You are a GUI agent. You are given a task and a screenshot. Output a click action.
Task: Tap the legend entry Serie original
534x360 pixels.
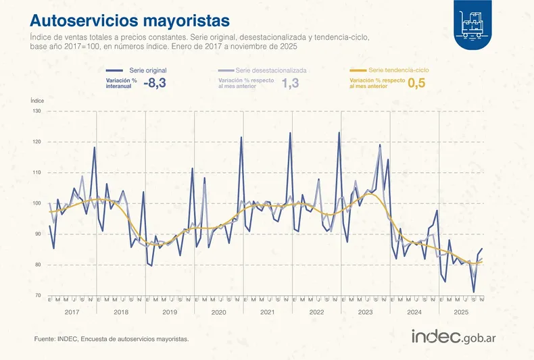click(x=147, y=70)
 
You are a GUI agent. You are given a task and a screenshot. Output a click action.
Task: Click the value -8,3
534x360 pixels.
click(x=155, y=83)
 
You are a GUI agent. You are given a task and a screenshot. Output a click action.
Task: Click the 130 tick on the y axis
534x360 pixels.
click(x=37, y=111)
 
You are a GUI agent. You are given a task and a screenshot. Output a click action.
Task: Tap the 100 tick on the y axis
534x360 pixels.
click(x=37, y=203)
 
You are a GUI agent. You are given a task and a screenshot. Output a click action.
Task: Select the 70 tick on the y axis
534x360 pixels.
click(x=37, y=296)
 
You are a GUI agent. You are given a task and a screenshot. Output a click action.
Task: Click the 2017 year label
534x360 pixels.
click(x=72, y=313)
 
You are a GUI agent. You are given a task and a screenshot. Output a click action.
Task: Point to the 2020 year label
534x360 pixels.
click(x=218, y=313)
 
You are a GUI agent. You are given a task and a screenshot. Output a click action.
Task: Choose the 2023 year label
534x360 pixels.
click(x=366, y=313)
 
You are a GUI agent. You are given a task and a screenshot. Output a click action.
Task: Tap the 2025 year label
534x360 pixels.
click(x=461, y=313)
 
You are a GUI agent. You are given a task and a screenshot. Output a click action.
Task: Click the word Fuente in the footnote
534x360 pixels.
click(x=45, y=339)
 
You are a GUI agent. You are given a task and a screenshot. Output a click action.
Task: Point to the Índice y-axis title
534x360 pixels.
click(x=38, y=100)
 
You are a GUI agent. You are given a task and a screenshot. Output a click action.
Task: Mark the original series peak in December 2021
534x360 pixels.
click(x=290, y=133)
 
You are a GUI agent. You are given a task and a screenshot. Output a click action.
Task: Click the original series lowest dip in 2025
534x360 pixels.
click(x=473, y=292)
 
